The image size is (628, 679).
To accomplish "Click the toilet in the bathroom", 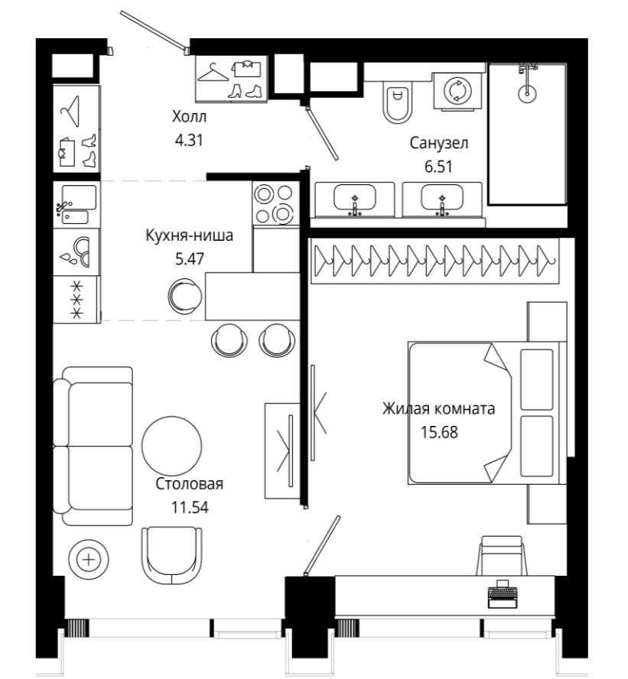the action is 397,102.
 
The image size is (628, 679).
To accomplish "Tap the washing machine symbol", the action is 458,91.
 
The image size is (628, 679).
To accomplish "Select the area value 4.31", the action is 189,140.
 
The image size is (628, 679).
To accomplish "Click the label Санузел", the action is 439,143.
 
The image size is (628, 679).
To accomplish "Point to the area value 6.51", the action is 438,167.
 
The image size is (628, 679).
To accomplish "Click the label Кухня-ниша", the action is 189,236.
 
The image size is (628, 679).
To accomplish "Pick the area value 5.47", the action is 189,259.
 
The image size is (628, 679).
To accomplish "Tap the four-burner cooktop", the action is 275,203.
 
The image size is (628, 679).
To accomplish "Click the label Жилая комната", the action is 438,408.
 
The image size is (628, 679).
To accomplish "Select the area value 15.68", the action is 439,432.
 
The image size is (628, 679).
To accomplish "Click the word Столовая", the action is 189,484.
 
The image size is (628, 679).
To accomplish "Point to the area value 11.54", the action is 190,507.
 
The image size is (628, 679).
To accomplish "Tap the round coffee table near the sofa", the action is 172,447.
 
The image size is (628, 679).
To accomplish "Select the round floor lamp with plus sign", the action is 89,560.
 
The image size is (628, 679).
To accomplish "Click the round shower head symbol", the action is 527,93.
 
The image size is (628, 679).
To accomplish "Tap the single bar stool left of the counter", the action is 185,297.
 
